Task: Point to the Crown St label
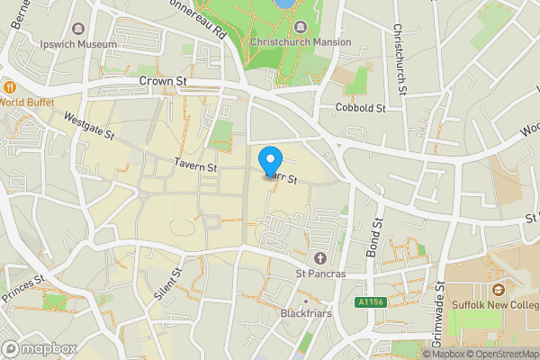(x=162, y=81)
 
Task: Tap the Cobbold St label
(x=360, y=108)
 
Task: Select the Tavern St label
(x=195, y=166)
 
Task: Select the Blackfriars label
(x=305, y=314)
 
